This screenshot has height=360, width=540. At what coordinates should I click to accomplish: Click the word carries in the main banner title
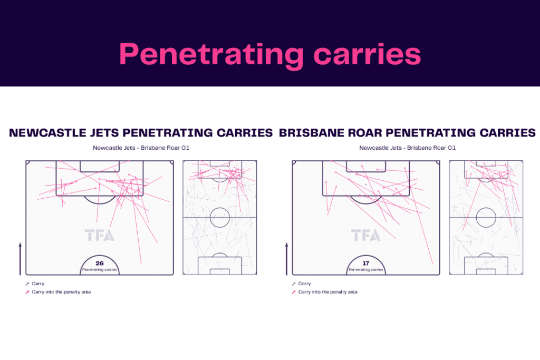tap(363, 54)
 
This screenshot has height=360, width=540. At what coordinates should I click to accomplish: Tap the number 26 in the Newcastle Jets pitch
tap(99, 262)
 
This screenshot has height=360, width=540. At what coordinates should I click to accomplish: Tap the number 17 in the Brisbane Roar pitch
tap(365, 262)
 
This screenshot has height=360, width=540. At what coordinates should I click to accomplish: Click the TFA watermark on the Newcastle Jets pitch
tap(99, 236)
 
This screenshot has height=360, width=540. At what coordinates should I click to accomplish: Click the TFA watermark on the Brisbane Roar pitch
tap(365, 236)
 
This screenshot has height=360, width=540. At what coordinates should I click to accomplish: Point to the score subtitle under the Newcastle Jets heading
tap(141, 148)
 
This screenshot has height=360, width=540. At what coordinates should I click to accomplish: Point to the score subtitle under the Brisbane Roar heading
tap(407, 148)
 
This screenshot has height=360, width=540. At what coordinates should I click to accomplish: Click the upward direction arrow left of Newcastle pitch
tap(20, 258)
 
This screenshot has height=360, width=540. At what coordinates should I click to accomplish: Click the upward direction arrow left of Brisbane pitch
tap(286, 258)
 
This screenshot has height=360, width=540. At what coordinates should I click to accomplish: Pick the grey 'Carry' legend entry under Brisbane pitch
tap(304, 284)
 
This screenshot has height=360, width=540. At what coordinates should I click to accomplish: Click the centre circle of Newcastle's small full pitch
tap(219, 217)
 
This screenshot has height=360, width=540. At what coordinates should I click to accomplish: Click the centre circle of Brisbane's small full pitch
tap(486, 217)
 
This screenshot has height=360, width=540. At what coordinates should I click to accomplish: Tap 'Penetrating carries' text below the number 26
tap(99, 269)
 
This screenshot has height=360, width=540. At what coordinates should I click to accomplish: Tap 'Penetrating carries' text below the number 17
tap(365, 269)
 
